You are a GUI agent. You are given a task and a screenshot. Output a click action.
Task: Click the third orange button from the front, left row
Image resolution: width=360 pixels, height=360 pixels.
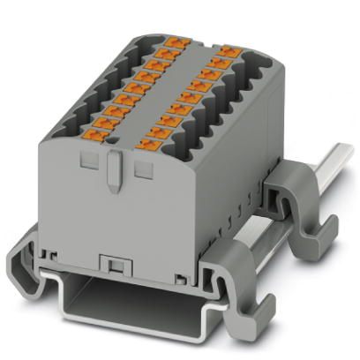pyautogui.click(x=113, y=112)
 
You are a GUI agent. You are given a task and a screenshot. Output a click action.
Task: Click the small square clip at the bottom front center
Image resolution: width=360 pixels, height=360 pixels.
pyautogui.click(x=111, y=264)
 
